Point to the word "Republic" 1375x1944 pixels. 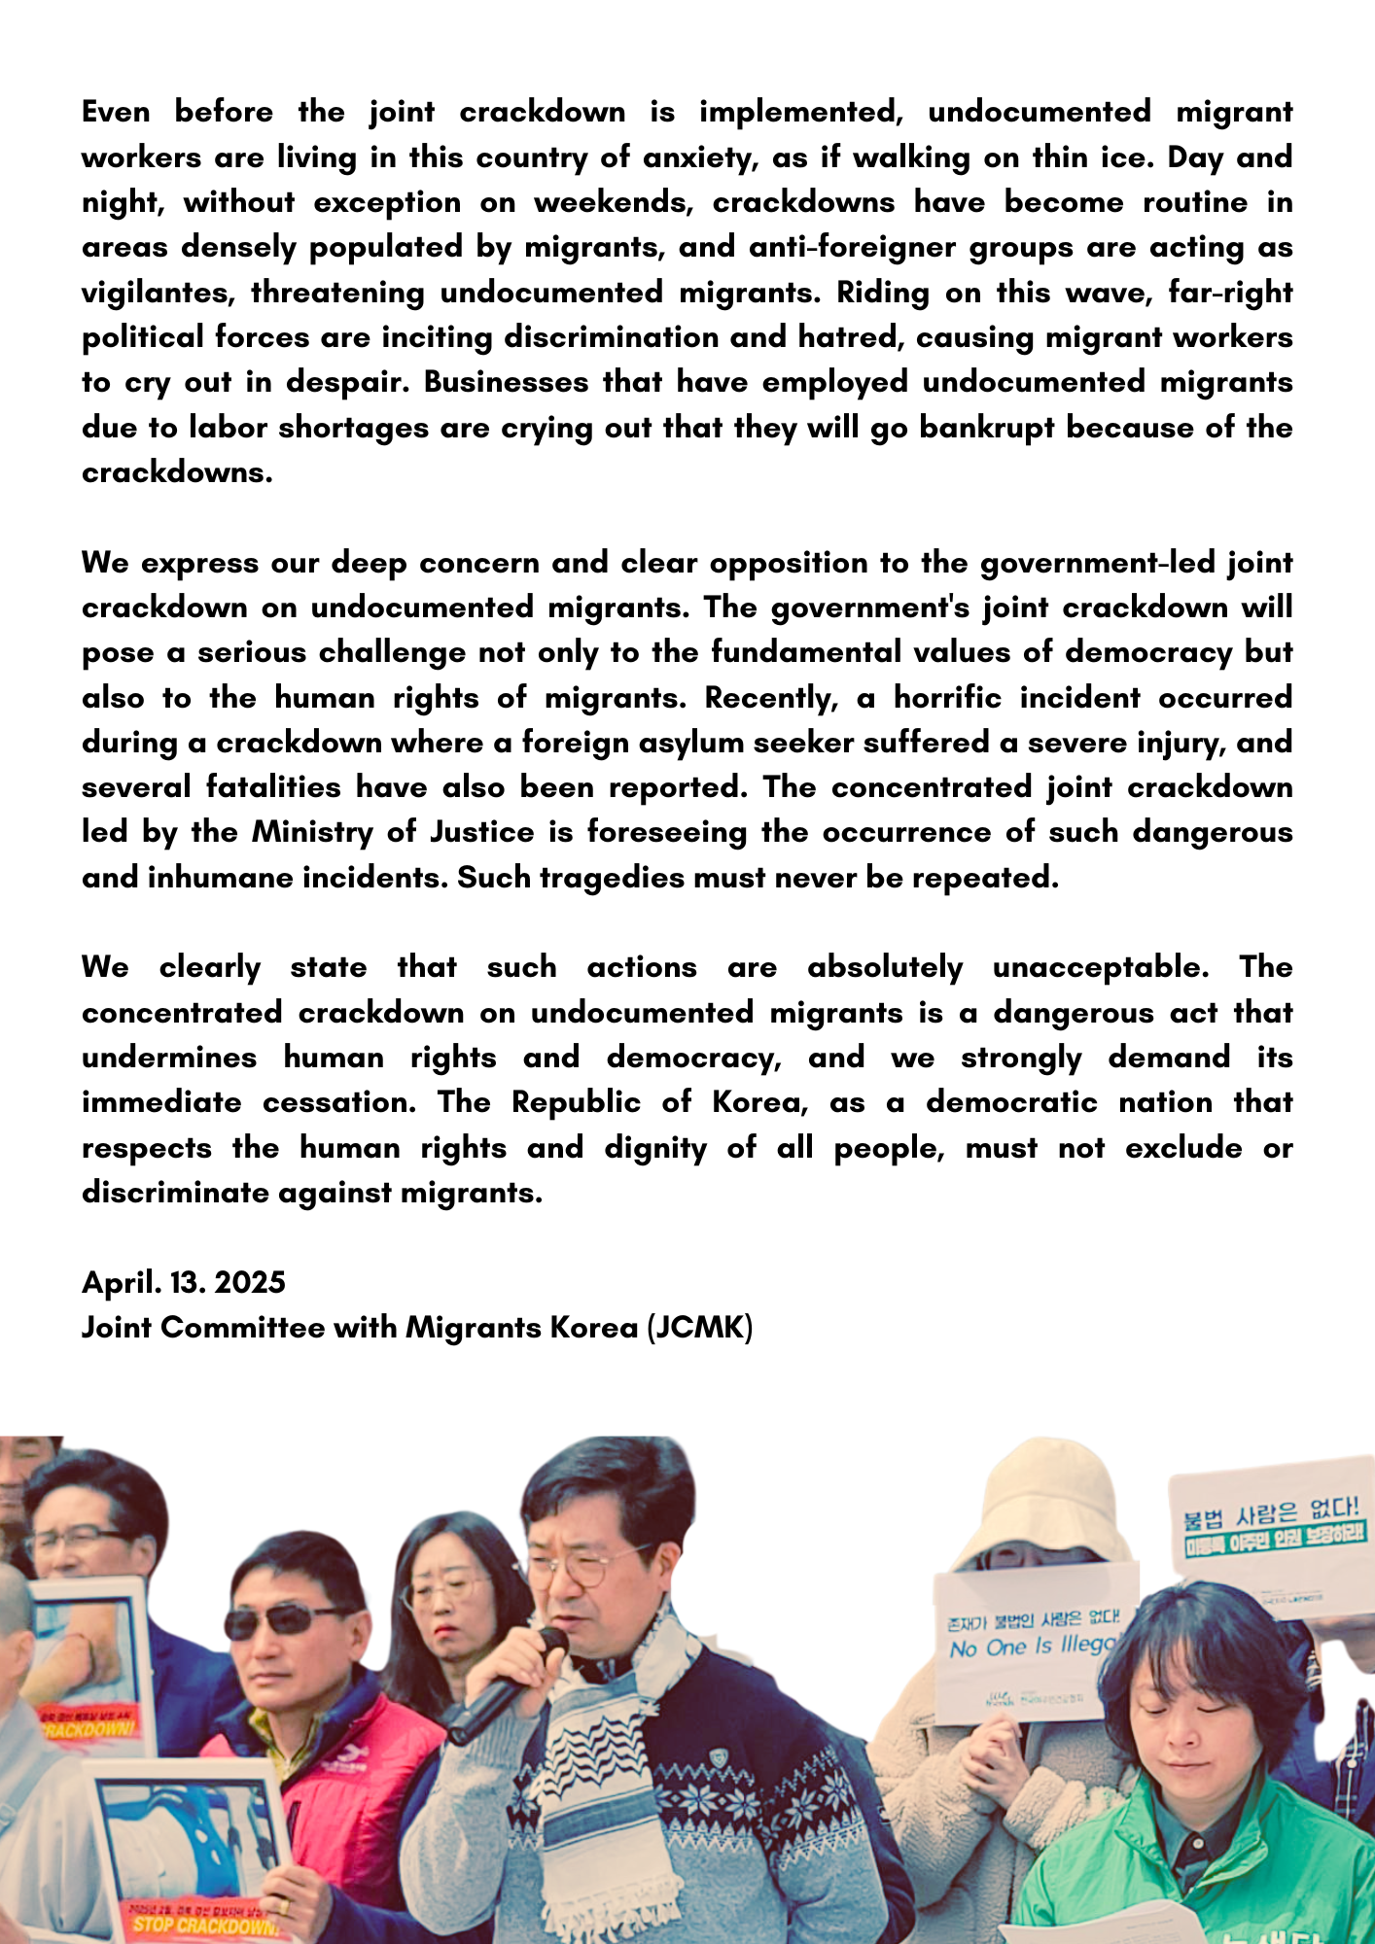(x=576, y=1102)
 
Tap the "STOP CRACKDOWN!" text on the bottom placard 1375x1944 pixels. (x=205, y=1926)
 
